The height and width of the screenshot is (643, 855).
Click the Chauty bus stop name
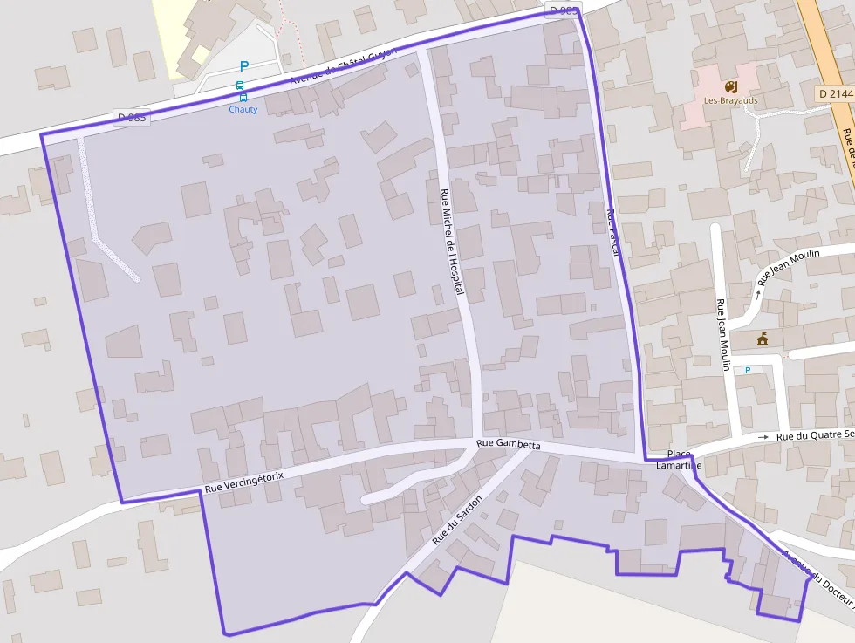[x=243, y=109]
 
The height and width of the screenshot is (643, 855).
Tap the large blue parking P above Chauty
[x=243, y=66]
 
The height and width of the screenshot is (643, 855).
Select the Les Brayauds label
[x=731, y=100]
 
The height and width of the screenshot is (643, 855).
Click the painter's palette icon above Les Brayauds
[x=731, y=86]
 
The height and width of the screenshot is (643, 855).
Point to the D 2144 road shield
[x=835, y=93]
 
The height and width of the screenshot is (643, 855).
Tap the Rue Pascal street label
[x=612, y=229]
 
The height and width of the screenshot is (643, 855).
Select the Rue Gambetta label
[x=509, y=445]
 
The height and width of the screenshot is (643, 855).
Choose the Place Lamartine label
[x=679, y=460]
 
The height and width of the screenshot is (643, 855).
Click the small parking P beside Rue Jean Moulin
[x=748, y=370]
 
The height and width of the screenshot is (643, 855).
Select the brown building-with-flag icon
[x=763, y=339]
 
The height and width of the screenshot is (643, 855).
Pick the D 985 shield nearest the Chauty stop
[x=131, y=118]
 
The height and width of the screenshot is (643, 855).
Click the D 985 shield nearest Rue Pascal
[x=563, y=10]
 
